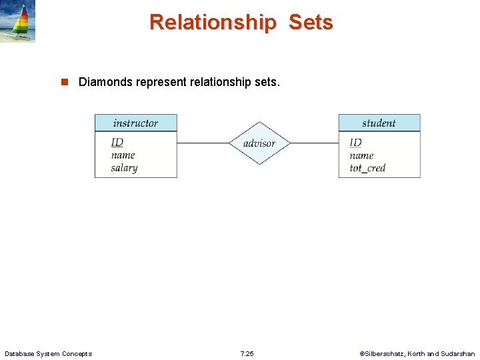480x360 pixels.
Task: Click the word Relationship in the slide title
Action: (x=212, y=22)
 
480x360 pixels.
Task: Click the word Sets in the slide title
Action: (x=311, y=22)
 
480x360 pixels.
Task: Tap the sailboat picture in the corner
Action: (x=17, y=21)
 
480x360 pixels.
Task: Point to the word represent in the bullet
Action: (x=160, y=83)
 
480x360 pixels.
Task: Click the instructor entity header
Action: (x=135, y=123)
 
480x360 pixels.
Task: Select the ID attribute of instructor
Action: (x=117, y=142)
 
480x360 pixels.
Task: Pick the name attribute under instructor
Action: (x=123, y=155)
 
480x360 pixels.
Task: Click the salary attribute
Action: (x=124, y=168)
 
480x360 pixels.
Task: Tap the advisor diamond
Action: (x=259, y=143)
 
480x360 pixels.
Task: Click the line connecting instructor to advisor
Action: (x=203, y=143)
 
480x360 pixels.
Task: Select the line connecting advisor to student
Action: (x=314, y=143)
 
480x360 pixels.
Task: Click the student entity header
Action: (x=379, y=123)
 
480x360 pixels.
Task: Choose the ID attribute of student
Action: (x=355, y=142)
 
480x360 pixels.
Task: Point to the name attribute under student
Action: (x=361, y=155)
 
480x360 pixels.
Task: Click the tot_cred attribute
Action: (x=367, y=168)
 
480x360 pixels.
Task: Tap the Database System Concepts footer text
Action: (x=48, y=353)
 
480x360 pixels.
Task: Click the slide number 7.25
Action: (x=247, y=353)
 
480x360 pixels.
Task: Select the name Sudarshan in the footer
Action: (x=458, y=353)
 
